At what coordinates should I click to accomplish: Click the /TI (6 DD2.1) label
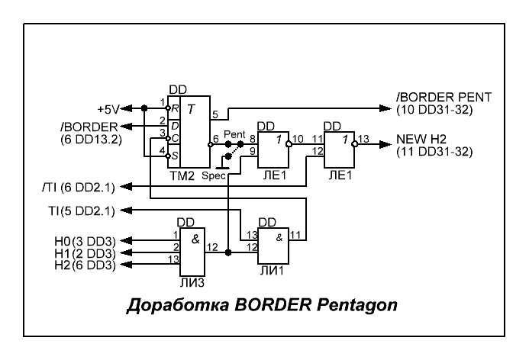click(x=83, y=187)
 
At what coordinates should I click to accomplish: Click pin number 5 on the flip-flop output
click(x=215, y=116)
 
